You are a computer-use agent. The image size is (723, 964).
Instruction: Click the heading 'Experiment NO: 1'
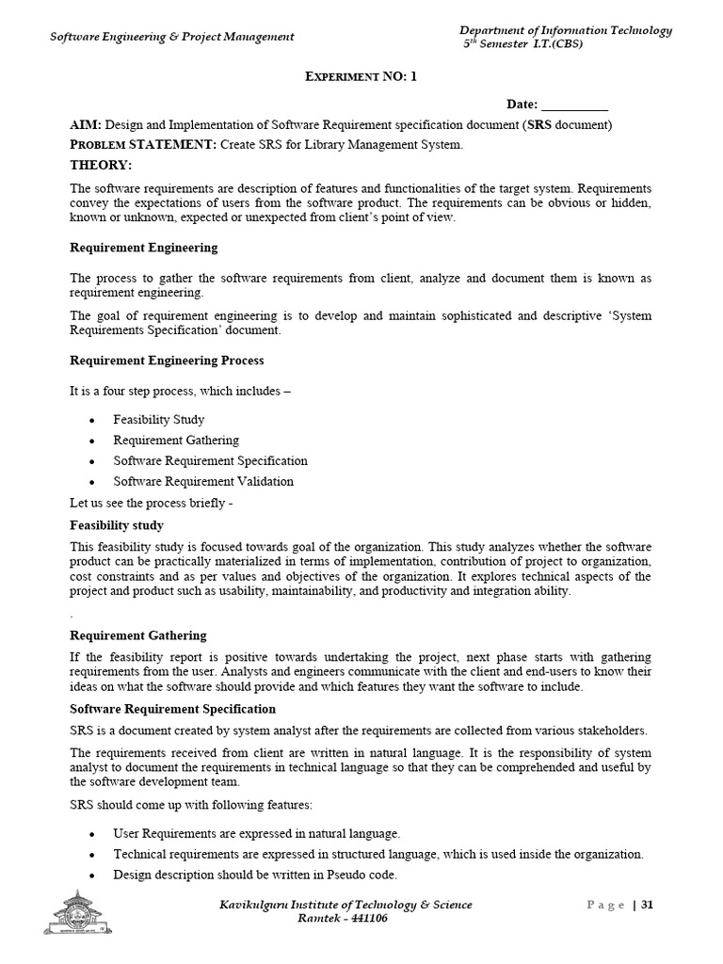(361, 77)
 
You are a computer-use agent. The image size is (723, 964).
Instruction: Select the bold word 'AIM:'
(86, 125)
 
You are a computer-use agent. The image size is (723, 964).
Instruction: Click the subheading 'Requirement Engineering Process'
(167, 361)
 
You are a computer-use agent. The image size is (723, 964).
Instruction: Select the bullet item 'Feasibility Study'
(158, 420)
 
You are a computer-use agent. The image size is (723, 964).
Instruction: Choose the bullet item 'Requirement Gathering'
(176, 441)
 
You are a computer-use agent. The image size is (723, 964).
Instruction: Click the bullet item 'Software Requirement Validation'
(203, 482)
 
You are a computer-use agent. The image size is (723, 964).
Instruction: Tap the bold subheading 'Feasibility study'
(117, 526)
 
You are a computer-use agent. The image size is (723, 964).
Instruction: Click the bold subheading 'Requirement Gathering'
(138, 635)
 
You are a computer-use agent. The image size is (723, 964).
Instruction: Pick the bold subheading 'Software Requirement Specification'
(173, 709)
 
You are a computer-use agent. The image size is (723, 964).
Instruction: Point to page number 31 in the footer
(647, 906)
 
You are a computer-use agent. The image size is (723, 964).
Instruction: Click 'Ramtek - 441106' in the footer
(342, 919)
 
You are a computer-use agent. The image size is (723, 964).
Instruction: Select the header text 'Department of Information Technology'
(565, 30)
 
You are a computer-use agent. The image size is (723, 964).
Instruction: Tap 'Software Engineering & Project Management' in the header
(171, 37)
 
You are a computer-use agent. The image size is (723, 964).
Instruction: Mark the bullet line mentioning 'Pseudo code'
(255, 875)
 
